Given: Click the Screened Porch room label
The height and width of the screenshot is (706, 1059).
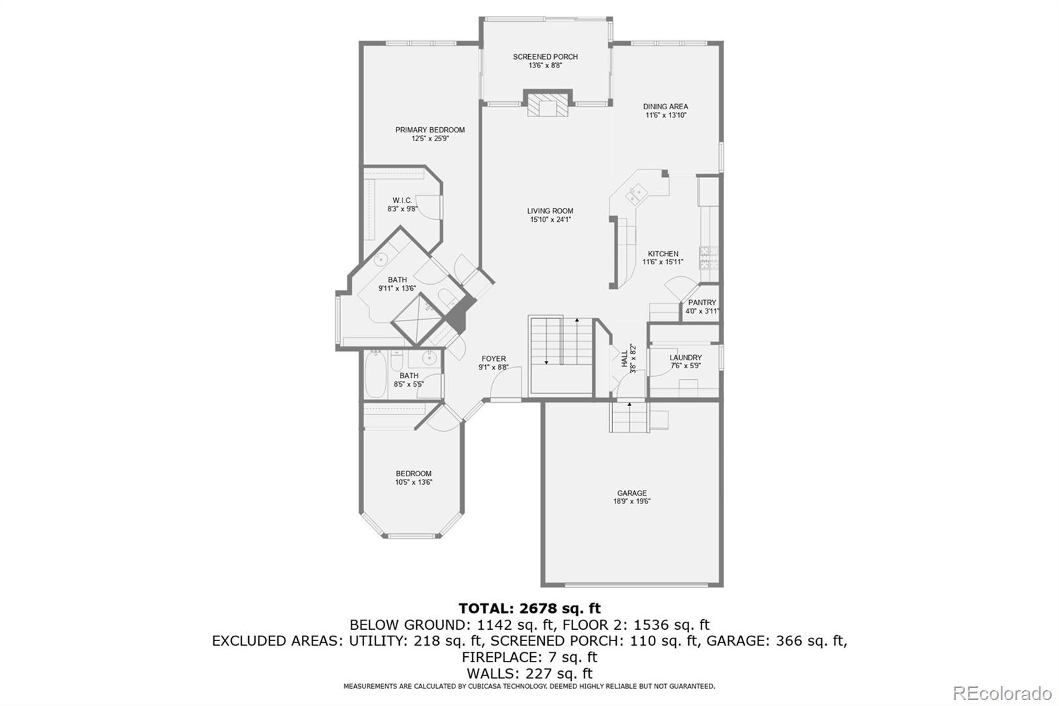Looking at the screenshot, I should click(545, 57).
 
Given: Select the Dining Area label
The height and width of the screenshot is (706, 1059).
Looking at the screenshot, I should click(665, 107).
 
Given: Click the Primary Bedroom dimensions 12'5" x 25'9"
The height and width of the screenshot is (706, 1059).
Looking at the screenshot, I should click(430, 139).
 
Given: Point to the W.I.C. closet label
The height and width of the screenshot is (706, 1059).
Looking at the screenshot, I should click(402, 201).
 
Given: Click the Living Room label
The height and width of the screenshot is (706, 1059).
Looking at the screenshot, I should click(550, 211).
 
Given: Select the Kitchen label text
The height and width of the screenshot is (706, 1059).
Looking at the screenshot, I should click(663, 254).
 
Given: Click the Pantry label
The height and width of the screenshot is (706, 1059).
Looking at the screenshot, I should click(702, 303).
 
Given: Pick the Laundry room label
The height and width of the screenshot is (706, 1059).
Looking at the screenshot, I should click(685, 358).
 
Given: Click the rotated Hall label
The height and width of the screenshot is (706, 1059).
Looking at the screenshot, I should click(624, 358).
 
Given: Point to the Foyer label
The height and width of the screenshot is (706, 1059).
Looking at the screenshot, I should click(493, 359).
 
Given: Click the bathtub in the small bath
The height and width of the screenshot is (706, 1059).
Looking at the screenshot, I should click(375, 374).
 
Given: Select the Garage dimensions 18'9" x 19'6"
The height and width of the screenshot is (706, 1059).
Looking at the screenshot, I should click(631, 502).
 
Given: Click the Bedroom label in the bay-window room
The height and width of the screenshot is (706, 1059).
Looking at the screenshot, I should click(414, 474).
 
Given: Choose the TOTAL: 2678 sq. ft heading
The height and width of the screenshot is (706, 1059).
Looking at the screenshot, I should click(529, 608).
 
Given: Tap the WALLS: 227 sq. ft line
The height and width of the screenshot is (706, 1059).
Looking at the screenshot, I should click(529, 674).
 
